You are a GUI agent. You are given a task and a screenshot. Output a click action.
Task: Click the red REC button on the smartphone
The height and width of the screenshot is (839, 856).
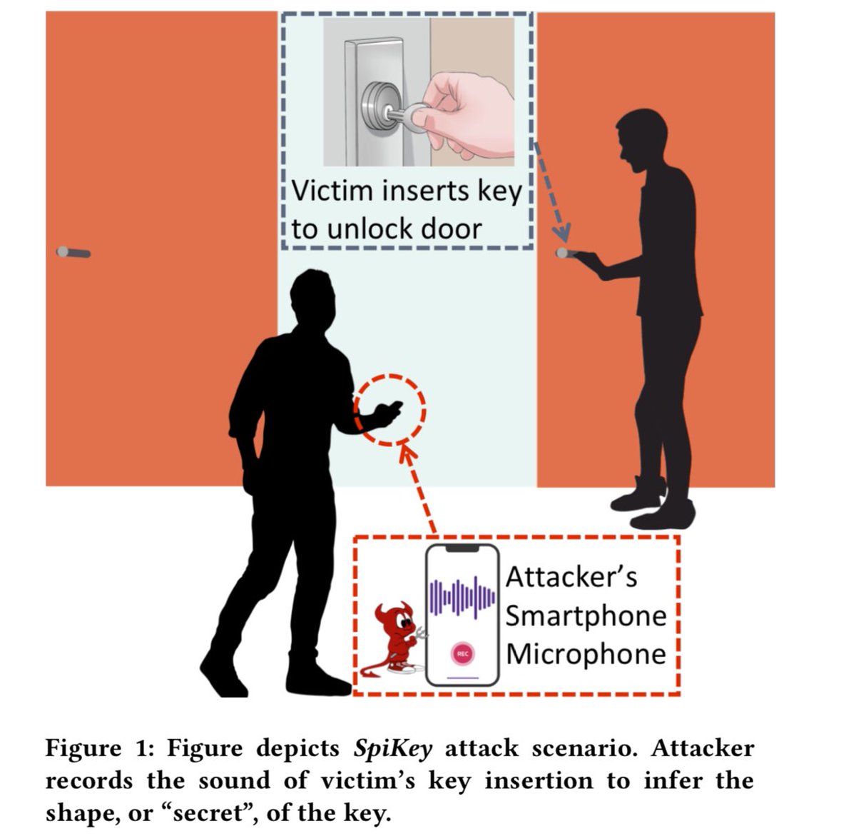coord(462,653)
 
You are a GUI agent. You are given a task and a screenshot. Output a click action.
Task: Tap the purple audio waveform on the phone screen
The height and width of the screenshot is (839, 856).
coord(462,597)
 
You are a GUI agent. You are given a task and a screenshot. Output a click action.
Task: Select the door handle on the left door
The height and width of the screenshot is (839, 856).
coord(73,252)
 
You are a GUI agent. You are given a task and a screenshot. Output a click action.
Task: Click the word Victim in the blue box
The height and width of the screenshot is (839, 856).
coord(333,191)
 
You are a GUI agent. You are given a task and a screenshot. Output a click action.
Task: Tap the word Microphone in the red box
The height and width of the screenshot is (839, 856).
coord(586,654)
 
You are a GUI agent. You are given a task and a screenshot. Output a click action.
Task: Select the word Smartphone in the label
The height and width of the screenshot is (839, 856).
coord(586,616)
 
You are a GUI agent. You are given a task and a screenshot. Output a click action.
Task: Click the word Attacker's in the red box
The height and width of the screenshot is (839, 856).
coord(571,577)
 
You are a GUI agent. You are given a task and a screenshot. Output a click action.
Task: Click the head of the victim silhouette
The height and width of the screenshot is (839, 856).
coord(641,139)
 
